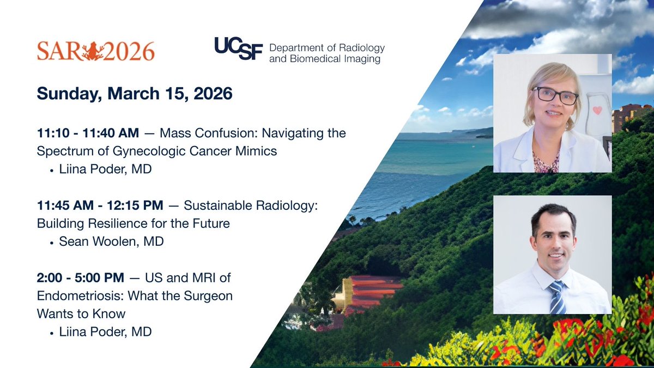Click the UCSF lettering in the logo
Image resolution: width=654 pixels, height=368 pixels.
pos(238,50)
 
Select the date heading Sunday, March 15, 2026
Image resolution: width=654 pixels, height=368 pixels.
pos(135,93)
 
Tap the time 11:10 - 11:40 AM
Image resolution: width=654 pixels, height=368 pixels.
pos(87,133)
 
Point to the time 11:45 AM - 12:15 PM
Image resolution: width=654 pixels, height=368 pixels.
pos(100,206)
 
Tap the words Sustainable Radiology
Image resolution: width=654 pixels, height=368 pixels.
pos(240,206)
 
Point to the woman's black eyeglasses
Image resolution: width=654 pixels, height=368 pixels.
pos(555,96)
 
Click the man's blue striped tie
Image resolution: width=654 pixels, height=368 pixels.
pos(557,297)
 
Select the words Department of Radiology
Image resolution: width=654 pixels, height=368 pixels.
pos(327,47)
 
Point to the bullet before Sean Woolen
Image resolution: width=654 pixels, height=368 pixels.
pos(52,242)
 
